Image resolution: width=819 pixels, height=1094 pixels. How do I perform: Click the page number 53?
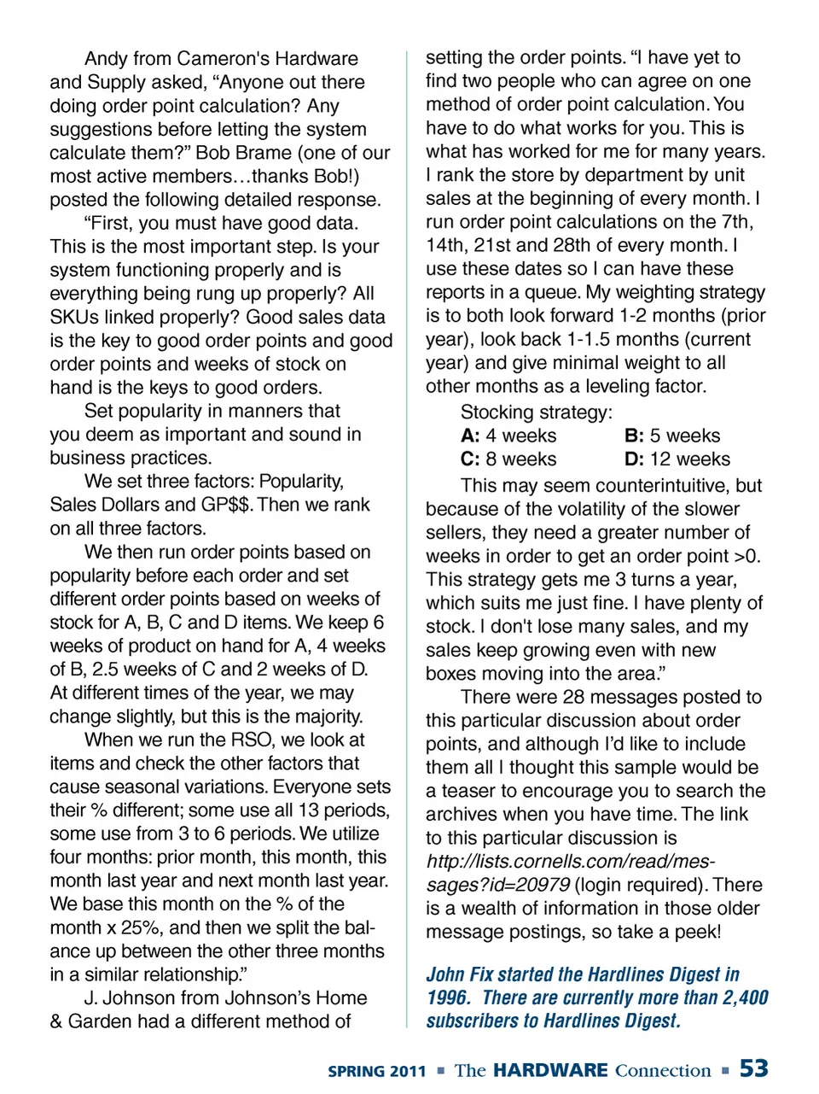tap(753, 1068)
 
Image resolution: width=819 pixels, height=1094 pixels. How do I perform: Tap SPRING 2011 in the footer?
tap(376, 1071)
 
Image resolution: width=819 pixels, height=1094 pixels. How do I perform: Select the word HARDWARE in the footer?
tap(550, 1070)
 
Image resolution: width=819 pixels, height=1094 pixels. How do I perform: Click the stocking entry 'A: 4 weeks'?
tap(508, 436)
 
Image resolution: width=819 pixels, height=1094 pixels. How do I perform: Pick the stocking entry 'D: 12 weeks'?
tap(677, 459)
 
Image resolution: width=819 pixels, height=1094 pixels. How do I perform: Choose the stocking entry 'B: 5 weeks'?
tap(672, 436)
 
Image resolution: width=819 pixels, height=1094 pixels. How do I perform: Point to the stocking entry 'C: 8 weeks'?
tap(508, 459)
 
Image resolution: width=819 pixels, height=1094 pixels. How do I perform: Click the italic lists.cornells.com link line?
tap(570, 862)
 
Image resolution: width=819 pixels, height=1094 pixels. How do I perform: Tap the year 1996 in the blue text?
tap(447, 997)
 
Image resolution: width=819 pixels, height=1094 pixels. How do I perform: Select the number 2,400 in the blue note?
tap(746, 997)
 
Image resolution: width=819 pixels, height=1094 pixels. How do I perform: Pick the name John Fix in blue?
tap(459, 974)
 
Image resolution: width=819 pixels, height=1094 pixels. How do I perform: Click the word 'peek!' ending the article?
tap(697, 932)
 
